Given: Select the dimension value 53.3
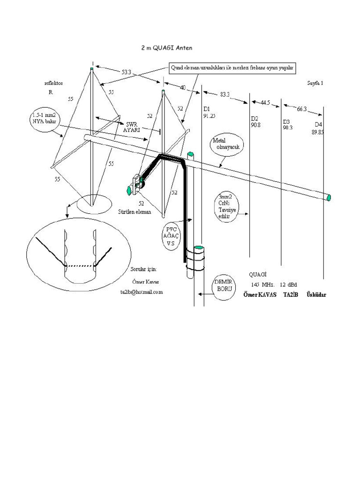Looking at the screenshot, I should coord(127,73).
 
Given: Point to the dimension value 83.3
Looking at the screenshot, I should coord(225,94).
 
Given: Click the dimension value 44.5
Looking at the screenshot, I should coord(265,102).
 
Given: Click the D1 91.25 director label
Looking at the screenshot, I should coord(209,112).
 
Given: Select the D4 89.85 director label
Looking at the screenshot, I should coord(318,128).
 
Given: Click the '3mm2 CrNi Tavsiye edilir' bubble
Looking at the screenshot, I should coord(226,207).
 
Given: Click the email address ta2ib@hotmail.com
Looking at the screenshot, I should coord(141,292).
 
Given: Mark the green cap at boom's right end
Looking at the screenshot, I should coord(329,197).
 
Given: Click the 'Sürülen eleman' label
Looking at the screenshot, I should coord(135,212).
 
